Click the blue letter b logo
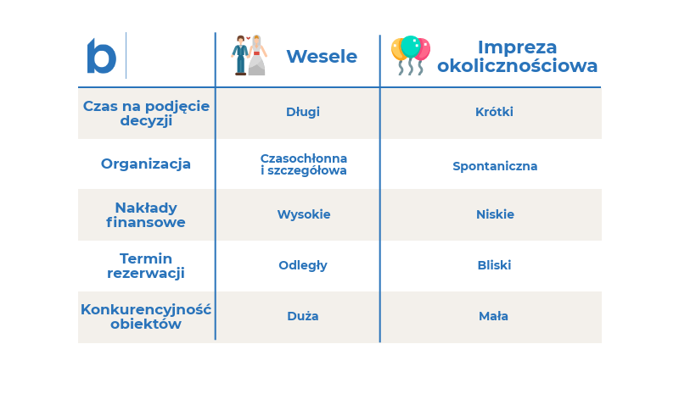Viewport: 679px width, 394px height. [101, 56]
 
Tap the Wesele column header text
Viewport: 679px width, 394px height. [322, 57]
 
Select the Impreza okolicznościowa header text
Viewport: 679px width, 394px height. [517, 56]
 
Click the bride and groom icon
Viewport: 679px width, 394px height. [249, 55]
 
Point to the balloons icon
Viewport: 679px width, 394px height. [411, 55]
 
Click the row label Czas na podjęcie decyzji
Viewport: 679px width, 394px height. [146, 113]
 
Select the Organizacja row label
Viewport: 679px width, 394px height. [146, 164]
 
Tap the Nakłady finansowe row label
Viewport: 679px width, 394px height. [146, 214]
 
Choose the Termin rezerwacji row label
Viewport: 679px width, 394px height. [146, 265]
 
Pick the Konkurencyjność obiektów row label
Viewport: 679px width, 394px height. [146, 317]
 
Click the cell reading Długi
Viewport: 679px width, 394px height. [303, 112]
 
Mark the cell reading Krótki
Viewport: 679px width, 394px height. [494, 112]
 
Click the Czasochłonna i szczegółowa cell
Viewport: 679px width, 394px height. [304, 164]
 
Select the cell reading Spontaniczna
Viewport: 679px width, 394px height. [495, 166]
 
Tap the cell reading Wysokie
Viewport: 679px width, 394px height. [304, 214]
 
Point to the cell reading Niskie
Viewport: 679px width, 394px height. [495, 214]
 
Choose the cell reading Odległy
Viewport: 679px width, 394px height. [303, 265]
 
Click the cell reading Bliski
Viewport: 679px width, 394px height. [494, 265]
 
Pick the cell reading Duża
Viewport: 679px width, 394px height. [303, 316]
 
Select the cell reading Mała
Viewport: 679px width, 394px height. [493, 316]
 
